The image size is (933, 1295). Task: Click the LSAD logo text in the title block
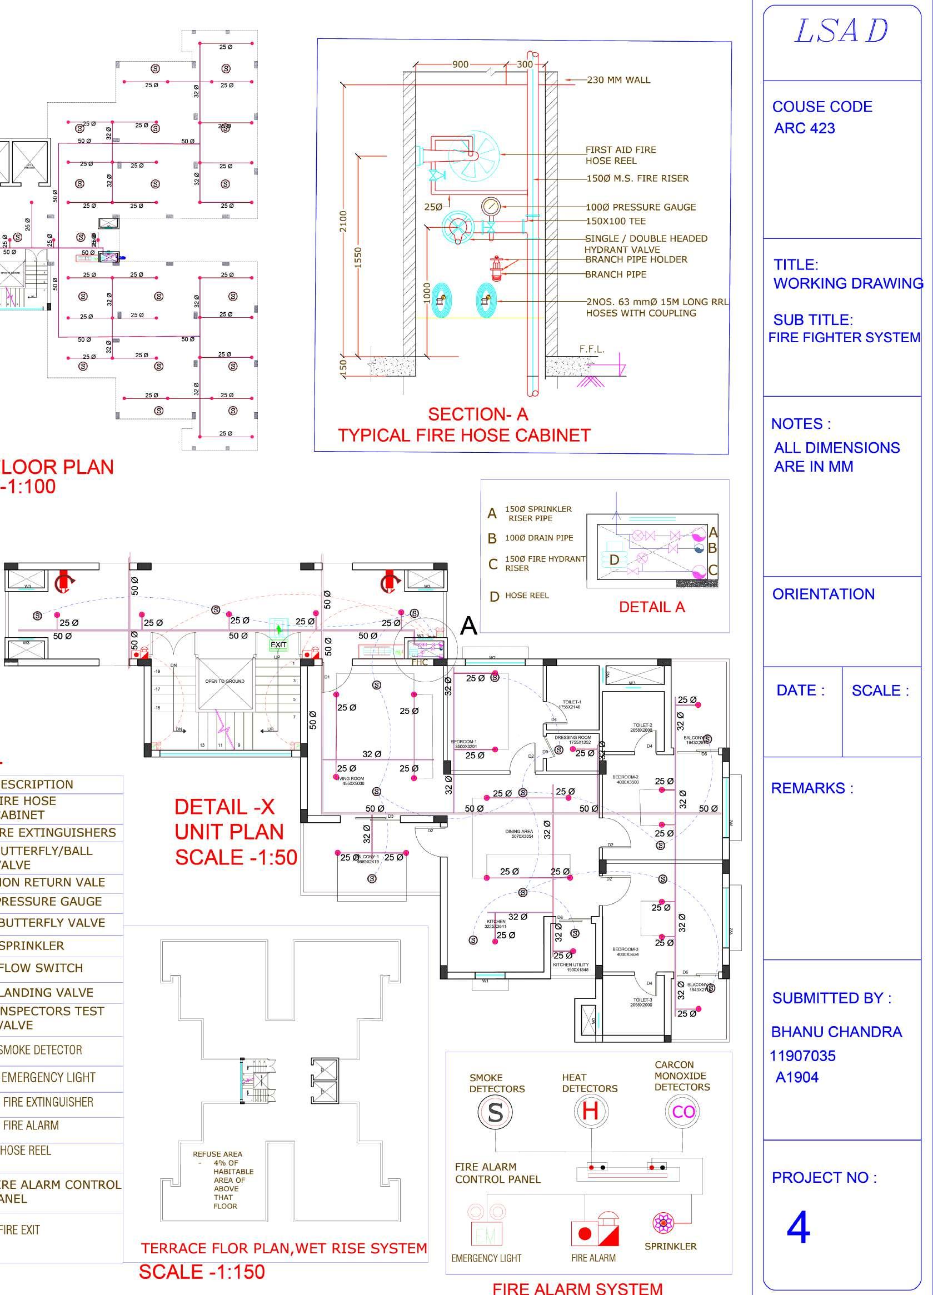tap(841, 32)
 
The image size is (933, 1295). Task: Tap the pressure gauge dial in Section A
tap(490, 206)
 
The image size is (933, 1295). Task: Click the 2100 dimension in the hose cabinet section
tap(343, 222)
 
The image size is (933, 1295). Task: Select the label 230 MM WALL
tap(618, 80)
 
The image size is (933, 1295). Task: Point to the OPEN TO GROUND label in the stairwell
tap(224, 681)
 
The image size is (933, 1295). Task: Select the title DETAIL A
tap(651, 607)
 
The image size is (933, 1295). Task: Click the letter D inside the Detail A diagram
tap(615, 560)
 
